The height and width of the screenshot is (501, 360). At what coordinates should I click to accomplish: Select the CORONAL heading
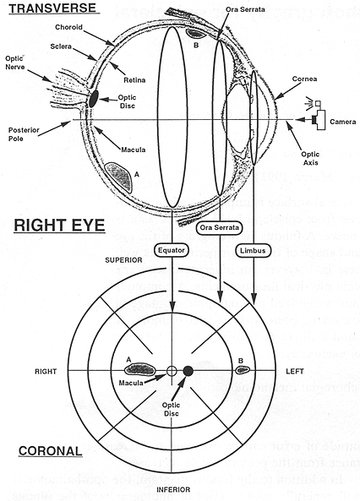(47, 450)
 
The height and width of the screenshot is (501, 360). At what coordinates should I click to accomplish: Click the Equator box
(172, 250)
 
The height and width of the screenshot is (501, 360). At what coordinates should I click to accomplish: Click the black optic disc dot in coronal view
(188, 370)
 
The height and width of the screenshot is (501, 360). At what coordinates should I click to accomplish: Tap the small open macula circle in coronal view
(172, 371)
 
